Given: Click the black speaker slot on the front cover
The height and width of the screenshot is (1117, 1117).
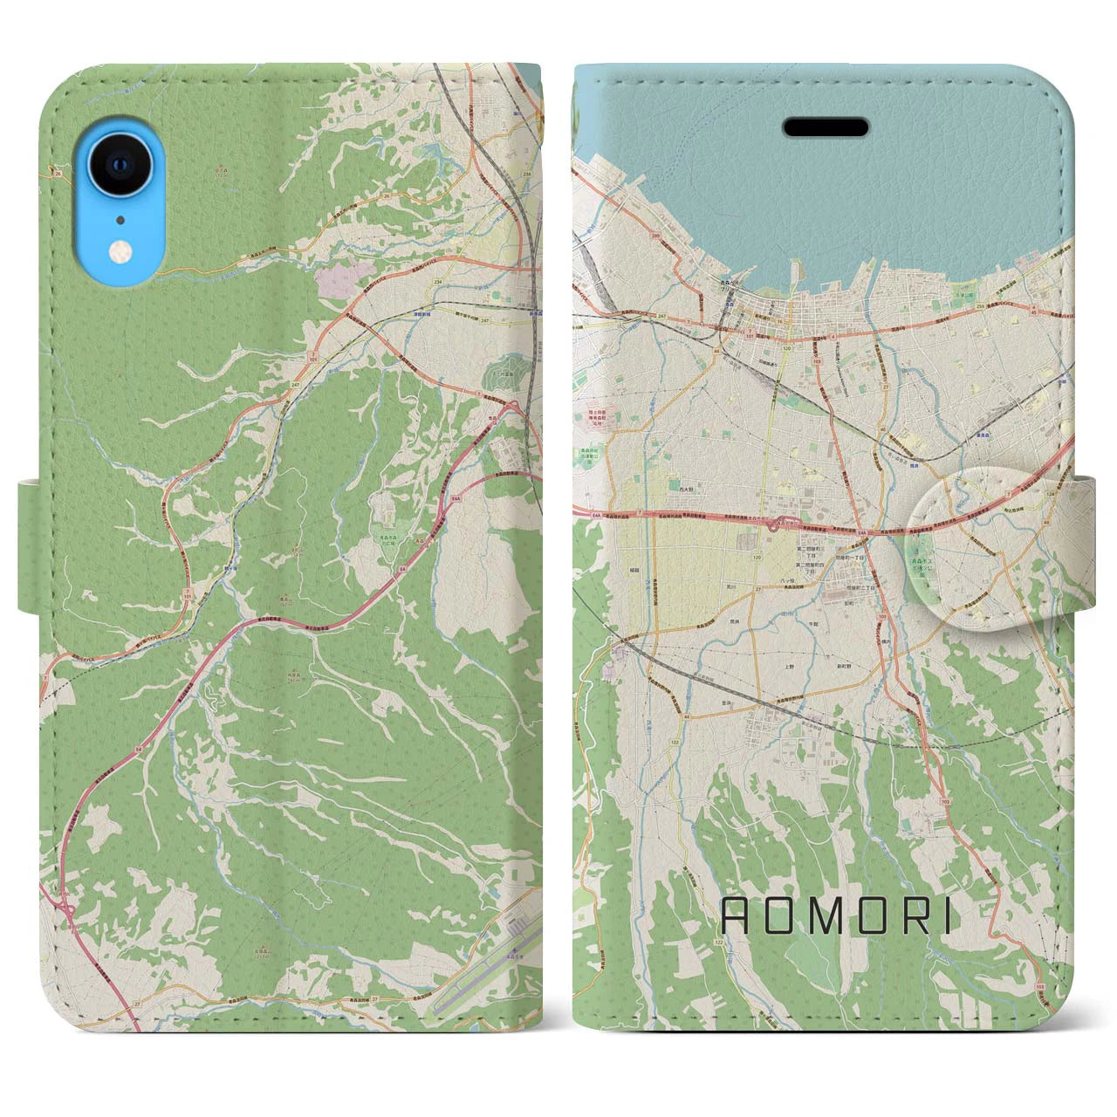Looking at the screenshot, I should (x=826, y=128).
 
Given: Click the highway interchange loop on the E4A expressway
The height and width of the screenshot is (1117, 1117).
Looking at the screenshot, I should (x=774, y=524).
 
